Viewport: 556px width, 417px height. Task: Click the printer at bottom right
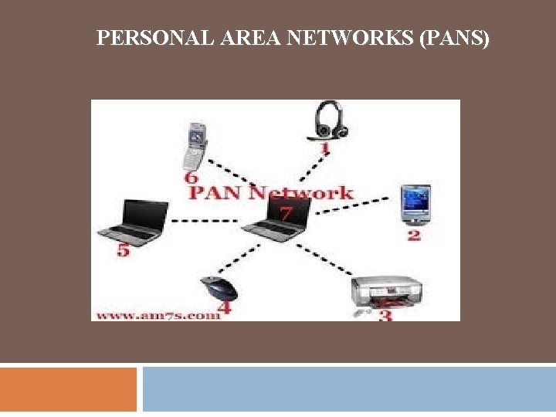[x=386, y=290]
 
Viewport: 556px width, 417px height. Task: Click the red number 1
[x=325, y=147]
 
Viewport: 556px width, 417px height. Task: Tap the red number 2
[x=414, y=234]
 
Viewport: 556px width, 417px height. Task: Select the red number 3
[x=385, y=314]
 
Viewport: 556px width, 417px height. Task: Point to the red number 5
[x=123, y=250]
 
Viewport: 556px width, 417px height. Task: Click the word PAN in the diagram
[x=215, y=192]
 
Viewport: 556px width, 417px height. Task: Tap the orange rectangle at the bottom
[x=68, y=389]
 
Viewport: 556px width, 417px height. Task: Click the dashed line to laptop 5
[x=201, y=221]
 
